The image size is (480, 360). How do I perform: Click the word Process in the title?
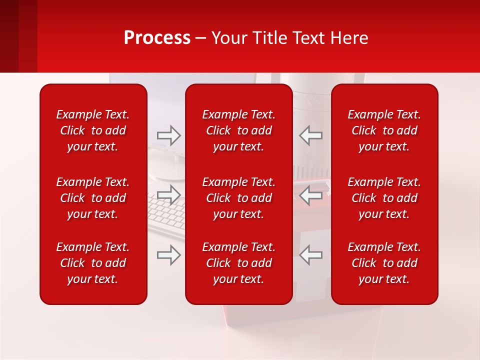tap(157, 38)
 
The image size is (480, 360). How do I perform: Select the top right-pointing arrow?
tap(168, 135)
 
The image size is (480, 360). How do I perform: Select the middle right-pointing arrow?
tap(168, 194)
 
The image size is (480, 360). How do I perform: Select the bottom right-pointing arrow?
tap(168, 255)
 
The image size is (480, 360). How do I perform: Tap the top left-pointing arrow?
tap(310, 135)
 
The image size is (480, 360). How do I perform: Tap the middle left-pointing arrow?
tap(310, 194)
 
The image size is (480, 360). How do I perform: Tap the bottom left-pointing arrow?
tap(310, 255)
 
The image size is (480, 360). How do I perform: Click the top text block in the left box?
tap(93, 130)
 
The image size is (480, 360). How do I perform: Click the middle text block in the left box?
tap(93, 198)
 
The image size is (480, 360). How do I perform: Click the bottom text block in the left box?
tap(93, 263)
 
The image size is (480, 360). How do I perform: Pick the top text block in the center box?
tap(238, 130)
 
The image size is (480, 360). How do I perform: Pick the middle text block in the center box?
tap(238, 198)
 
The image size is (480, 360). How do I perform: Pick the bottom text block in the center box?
tap(238, 263)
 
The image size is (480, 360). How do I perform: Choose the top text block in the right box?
tap(384, 130)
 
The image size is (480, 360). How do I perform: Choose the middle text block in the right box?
tap(384, 198)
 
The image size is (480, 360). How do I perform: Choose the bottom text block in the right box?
tap(384, 263)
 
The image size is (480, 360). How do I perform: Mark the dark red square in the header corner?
tap(18, 36)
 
